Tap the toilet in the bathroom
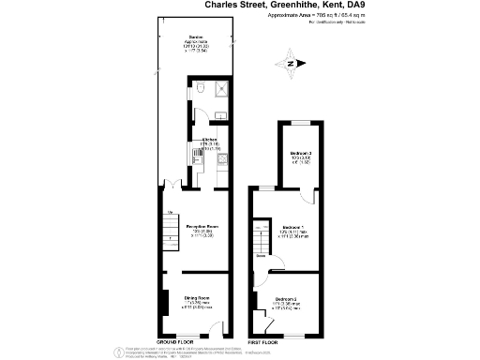coord(203,89)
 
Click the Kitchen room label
coord(209,141)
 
